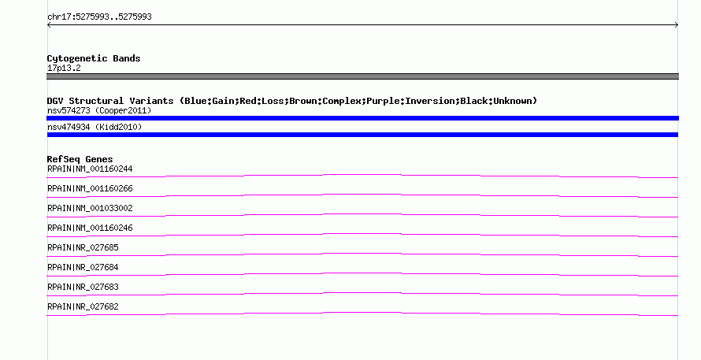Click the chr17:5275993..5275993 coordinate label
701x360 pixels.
point(99,17)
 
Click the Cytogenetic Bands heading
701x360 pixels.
point(94,58)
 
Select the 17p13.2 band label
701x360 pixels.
point(64,68)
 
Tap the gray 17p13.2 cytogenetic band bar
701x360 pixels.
point(362,76)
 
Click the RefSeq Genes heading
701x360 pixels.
point(80,159)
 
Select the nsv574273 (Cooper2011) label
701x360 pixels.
point(99,110)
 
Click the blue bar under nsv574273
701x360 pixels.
point(362,118)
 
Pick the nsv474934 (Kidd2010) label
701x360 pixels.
point(95,127)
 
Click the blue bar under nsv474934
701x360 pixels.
point(362,135)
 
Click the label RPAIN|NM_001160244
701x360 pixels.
point(90,169)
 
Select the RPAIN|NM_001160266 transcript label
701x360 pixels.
point(90,188)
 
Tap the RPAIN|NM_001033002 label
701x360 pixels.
point(90,208)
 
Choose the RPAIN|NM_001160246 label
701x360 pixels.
point(90,228)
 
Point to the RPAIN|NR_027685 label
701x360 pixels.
point(83,247)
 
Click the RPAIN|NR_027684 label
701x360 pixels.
point(83,267)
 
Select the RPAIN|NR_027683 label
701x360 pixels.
point(83,287)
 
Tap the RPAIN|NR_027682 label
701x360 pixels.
point(83,306)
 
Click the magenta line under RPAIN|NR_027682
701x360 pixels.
point(362,314)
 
